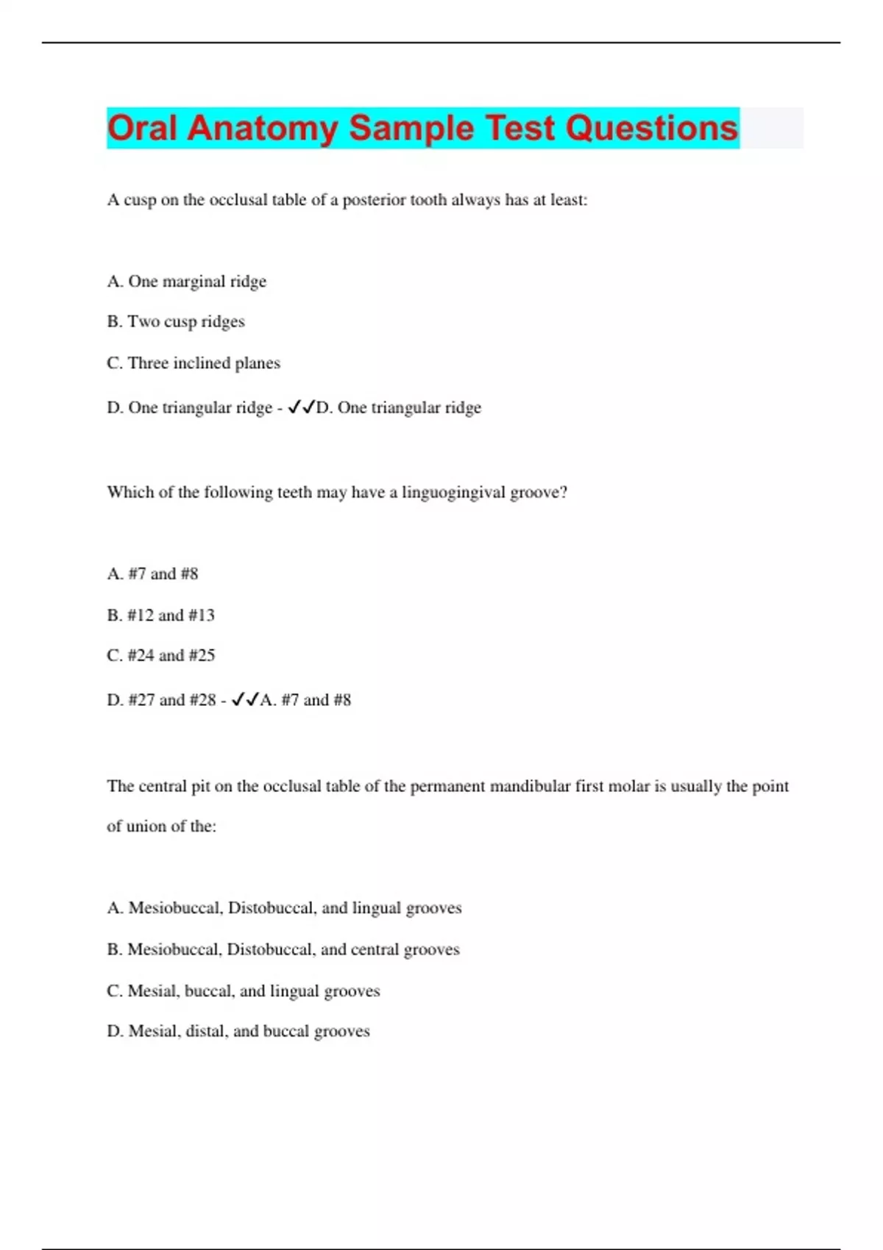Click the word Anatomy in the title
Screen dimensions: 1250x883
click(263, 128)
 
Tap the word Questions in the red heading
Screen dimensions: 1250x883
click(651, 128)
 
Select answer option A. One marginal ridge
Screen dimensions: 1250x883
click(187, 282)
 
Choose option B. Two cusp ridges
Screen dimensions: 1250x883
click(176, 322)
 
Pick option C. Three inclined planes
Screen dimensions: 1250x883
click(194, 363)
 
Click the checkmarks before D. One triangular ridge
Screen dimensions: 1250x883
click(301, 407)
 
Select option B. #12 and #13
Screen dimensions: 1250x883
click(161, 615)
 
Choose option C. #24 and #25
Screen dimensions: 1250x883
click(161, 655)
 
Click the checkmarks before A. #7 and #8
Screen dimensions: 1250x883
click(245, 700)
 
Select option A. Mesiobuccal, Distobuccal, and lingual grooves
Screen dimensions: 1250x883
click(284, 908)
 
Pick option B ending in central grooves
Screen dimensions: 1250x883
click(283, 950)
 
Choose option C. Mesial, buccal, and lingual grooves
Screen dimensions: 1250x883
click(244, 991)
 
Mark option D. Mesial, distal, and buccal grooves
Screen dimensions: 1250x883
click(238, 1032)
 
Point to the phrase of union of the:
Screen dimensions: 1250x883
click(162, 826)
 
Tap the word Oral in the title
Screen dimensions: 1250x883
click(143, 128)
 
